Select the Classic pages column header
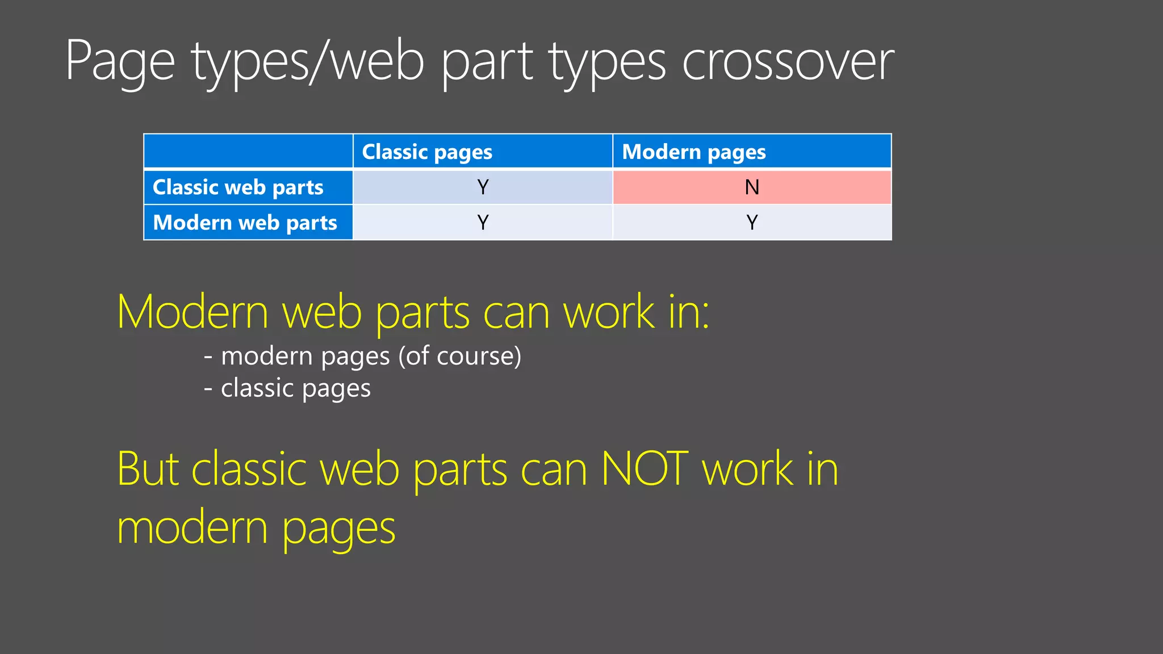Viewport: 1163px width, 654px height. tap(427, 152)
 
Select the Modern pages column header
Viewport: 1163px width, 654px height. tap(694, 152)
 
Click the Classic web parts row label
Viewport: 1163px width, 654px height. tap(238, 187)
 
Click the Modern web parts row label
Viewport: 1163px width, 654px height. tap(245, 223)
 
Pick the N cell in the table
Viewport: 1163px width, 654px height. tap(752, 187)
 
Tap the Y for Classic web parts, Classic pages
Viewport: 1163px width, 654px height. tap(483, 187)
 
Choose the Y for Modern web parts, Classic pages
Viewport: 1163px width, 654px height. tap(483, 223)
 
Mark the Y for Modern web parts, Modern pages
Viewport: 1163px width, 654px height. tap(752, 223)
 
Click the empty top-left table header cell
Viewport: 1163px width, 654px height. tap(248, 152)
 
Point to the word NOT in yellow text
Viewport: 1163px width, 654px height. tap(645, 469)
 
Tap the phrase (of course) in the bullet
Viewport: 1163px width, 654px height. tap(459, 357)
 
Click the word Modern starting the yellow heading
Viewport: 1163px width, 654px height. tap(193, 312)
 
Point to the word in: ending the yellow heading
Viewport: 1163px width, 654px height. tap(689, 312)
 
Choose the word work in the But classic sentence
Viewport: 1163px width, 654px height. tap(747, 469)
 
